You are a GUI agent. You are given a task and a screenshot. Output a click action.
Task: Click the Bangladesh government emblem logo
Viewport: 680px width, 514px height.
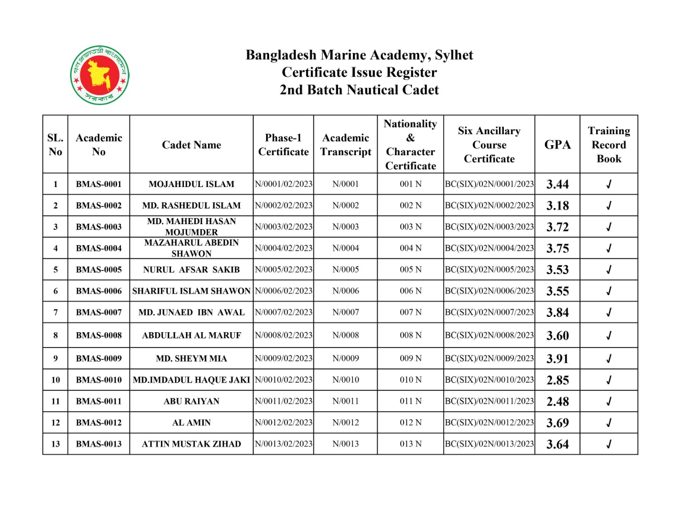[100, 75]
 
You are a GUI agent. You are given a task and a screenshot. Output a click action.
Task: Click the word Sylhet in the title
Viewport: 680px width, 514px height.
[454, 55]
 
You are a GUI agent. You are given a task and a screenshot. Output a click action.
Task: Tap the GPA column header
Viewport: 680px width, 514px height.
[557, 145]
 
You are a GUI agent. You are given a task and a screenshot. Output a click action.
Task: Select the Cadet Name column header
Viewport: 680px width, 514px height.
[191, 145]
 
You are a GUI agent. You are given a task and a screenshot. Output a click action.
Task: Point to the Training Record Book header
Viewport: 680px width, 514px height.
[609, 145]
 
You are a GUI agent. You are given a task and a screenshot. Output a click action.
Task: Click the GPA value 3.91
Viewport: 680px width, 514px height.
[557, 358]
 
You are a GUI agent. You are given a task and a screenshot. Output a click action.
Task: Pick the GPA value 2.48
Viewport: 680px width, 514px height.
[557, 401]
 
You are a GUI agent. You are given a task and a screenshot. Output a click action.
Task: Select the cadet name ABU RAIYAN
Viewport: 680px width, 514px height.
[191, 401]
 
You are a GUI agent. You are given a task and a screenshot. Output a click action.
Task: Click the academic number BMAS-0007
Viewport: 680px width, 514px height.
[99, 312]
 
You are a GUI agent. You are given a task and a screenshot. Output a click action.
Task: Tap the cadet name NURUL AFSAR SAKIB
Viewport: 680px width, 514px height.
[191, 269]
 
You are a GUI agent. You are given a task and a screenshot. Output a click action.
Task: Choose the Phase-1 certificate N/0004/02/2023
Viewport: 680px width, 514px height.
[283, 248]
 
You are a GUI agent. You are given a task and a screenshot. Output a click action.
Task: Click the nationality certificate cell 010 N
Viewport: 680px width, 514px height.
[410, 380]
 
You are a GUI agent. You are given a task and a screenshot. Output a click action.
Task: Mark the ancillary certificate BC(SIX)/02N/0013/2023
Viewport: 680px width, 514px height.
[489, 444]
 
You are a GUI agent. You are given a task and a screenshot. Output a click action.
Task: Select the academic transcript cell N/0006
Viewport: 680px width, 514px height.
[346, 291]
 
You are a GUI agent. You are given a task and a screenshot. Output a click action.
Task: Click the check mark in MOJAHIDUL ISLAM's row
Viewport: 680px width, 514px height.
[609, 184]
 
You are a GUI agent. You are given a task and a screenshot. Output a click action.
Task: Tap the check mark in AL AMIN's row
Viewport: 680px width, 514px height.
[609, 423]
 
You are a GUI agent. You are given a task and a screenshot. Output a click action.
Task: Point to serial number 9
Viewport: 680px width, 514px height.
[56, 358]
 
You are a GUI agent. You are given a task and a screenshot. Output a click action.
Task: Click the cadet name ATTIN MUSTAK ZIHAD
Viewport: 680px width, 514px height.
[191, 444]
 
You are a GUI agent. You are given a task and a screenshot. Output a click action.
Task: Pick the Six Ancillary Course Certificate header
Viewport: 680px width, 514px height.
[489, 145]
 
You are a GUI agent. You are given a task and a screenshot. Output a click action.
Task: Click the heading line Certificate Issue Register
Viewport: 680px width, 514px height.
[359, 72]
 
